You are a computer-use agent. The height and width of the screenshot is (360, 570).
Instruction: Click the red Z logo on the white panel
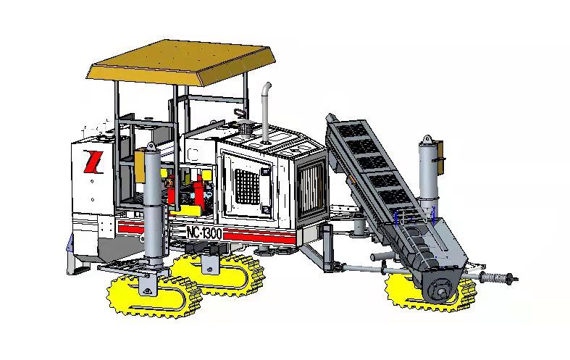pyautogui.click(x=93, y=162)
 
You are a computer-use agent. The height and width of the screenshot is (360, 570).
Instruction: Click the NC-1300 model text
pyautogui.click(x=204, y=233)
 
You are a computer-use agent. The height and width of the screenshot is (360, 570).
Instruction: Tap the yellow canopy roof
pyautogui.click(x=181, y=62)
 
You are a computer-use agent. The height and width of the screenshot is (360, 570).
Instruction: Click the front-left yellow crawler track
pyautogui.click(x=154, y=295)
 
